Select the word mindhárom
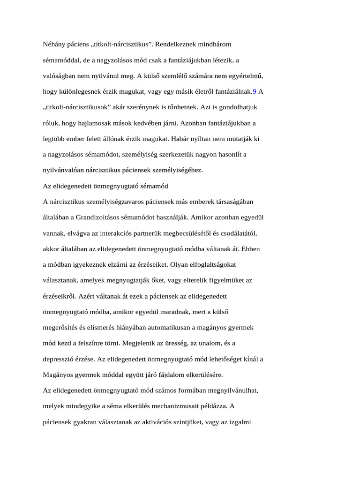click(210, 45)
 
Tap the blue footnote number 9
click(255, 92)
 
